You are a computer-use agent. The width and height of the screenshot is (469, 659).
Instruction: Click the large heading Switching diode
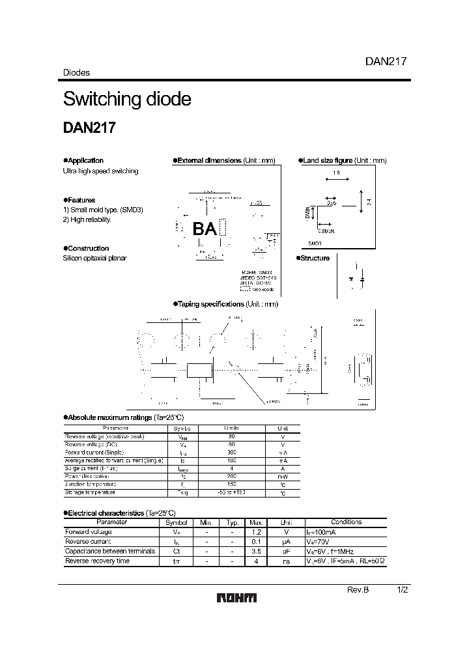click(127, 99)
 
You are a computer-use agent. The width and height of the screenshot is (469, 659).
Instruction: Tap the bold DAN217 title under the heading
click(89, 128)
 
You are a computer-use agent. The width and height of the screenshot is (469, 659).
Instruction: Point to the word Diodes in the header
click(76, 73)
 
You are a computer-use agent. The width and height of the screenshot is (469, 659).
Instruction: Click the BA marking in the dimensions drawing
click(205, 228)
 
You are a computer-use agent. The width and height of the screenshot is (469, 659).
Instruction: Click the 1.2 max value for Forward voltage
click(256, 532)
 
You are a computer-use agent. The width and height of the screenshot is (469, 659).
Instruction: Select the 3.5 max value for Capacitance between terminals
click(256, 551)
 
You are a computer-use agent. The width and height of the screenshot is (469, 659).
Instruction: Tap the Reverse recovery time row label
click(98, 561)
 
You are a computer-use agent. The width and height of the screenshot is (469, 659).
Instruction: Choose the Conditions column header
click(346, 522)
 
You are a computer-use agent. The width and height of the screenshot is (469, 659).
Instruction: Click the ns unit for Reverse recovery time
click(285, 561)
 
